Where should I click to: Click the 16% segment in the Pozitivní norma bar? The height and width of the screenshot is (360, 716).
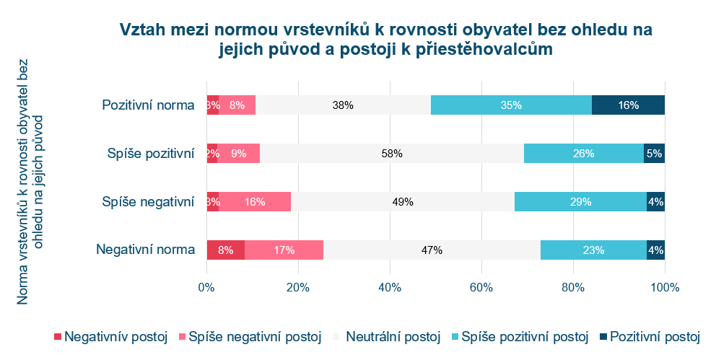point(628,105)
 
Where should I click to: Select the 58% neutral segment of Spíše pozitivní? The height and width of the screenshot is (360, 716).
point(392,153)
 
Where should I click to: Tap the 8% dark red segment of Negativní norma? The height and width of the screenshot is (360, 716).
point(225,250)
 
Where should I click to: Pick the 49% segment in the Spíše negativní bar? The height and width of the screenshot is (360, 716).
point(403,202)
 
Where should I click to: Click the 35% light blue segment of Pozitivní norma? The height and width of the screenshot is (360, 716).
point(511,105)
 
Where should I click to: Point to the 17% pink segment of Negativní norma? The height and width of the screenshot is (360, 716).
point(284,250)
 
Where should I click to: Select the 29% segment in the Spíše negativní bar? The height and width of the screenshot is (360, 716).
point(580,202)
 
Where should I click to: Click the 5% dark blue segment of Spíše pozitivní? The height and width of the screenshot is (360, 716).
point(654,153)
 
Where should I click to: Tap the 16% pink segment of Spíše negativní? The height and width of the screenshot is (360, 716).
point(255,202)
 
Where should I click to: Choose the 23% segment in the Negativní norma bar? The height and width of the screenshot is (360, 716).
point(593,250)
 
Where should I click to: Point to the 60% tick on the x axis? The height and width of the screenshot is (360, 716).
point(481,287)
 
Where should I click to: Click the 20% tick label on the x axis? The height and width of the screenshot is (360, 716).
point(298,287)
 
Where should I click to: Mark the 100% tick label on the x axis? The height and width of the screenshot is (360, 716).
point(664,287)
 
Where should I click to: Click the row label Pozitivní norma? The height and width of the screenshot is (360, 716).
point(149,105)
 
